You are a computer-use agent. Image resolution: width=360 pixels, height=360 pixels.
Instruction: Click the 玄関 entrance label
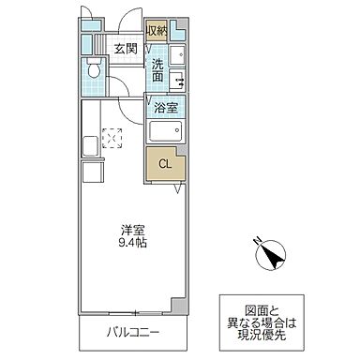pos(126,49)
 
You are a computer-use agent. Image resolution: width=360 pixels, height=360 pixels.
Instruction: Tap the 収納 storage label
pos(157,31)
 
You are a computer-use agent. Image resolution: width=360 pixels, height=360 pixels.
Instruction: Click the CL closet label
pos(164,165)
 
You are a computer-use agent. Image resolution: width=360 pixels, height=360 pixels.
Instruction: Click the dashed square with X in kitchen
pos(112,138)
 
